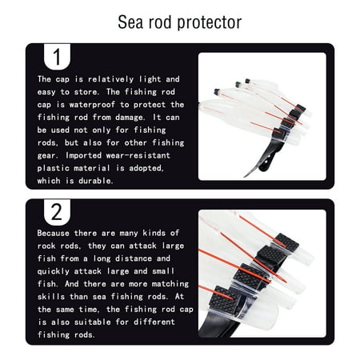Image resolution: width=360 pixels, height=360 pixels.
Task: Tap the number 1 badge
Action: (x=55, y=57)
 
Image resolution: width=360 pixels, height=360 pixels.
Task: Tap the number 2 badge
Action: (x=55, y=214)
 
